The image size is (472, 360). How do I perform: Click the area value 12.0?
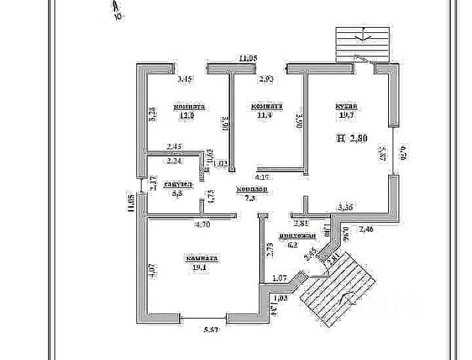184,116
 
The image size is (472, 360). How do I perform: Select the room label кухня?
346,106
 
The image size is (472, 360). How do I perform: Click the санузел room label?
179,184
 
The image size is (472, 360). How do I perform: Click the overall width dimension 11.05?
248,58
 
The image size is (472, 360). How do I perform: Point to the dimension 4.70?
203,223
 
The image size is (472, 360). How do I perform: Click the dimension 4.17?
263,178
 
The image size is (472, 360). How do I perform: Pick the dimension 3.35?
348,205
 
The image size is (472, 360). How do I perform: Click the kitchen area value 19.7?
346,116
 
